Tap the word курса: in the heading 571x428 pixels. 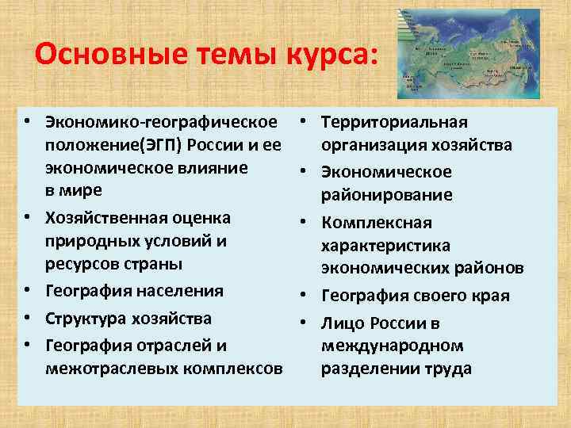tap(323, 55)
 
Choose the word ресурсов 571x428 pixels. tap(82, 264)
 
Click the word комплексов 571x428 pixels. tap(238, 369)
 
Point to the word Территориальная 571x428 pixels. tap(395, 122)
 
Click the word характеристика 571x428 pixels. tap(385, 246)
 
